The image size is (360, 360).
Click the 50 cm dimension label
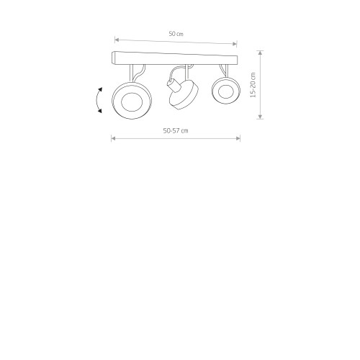coord(176,34)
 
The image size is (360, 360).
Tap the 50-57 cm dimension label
coord(176,131)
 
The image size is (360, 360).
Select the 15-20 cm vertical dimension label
coord(253,85)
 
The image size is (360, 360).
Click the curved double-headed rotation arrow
coord(96,100)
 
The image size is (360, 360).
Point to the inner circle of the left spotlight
coord(132,102)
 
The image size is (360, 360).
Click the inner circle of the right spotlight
coord(226,91)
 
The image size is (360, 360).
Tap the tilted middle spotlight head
coord(184,94)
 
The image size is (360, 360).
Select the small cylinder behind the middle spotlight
coord(173,86)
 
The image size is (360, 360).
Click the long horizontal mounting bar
coord(175,58)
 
